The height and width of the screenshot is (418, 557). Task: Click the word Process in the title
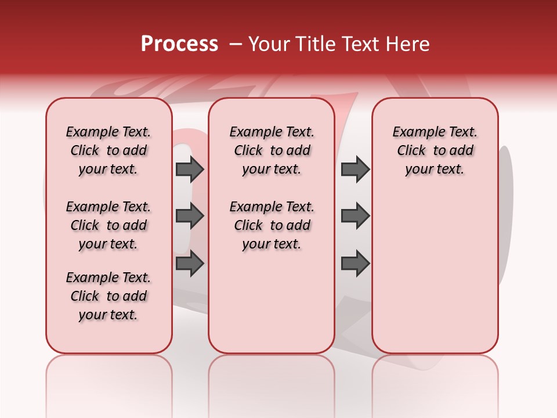[179, 44]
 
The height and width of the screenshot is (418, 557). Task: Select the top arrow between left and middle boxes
[190, 169]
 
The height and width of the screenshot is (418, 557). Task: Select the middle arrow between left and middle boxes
[190, 216]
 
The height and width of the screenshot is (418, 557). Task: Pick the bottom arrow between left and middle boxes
[190, 264]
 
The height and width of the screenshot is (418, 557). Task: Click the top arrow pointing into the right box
[355, 169]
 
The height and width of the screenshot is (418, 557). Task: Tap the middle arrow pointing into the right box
[355, 216]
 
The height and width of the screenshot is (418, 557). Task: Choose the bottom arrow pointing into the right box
[355, 264]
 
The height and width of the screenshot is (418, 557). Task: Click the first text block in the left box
[108, 150]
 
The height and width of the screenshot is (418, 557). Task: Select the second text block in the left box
[108, 225]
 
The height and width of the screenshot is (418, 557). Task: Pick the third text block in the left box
[108, 296]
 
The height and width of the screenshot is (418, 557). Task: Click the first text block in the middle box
[272, 150]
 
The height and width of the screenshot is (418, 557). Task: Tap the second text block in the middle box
[272, 225]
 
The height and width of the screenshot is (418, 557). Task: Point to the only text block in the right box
[435, 150]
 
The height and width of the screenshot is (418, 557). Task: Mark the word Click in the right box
[411, 151]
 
